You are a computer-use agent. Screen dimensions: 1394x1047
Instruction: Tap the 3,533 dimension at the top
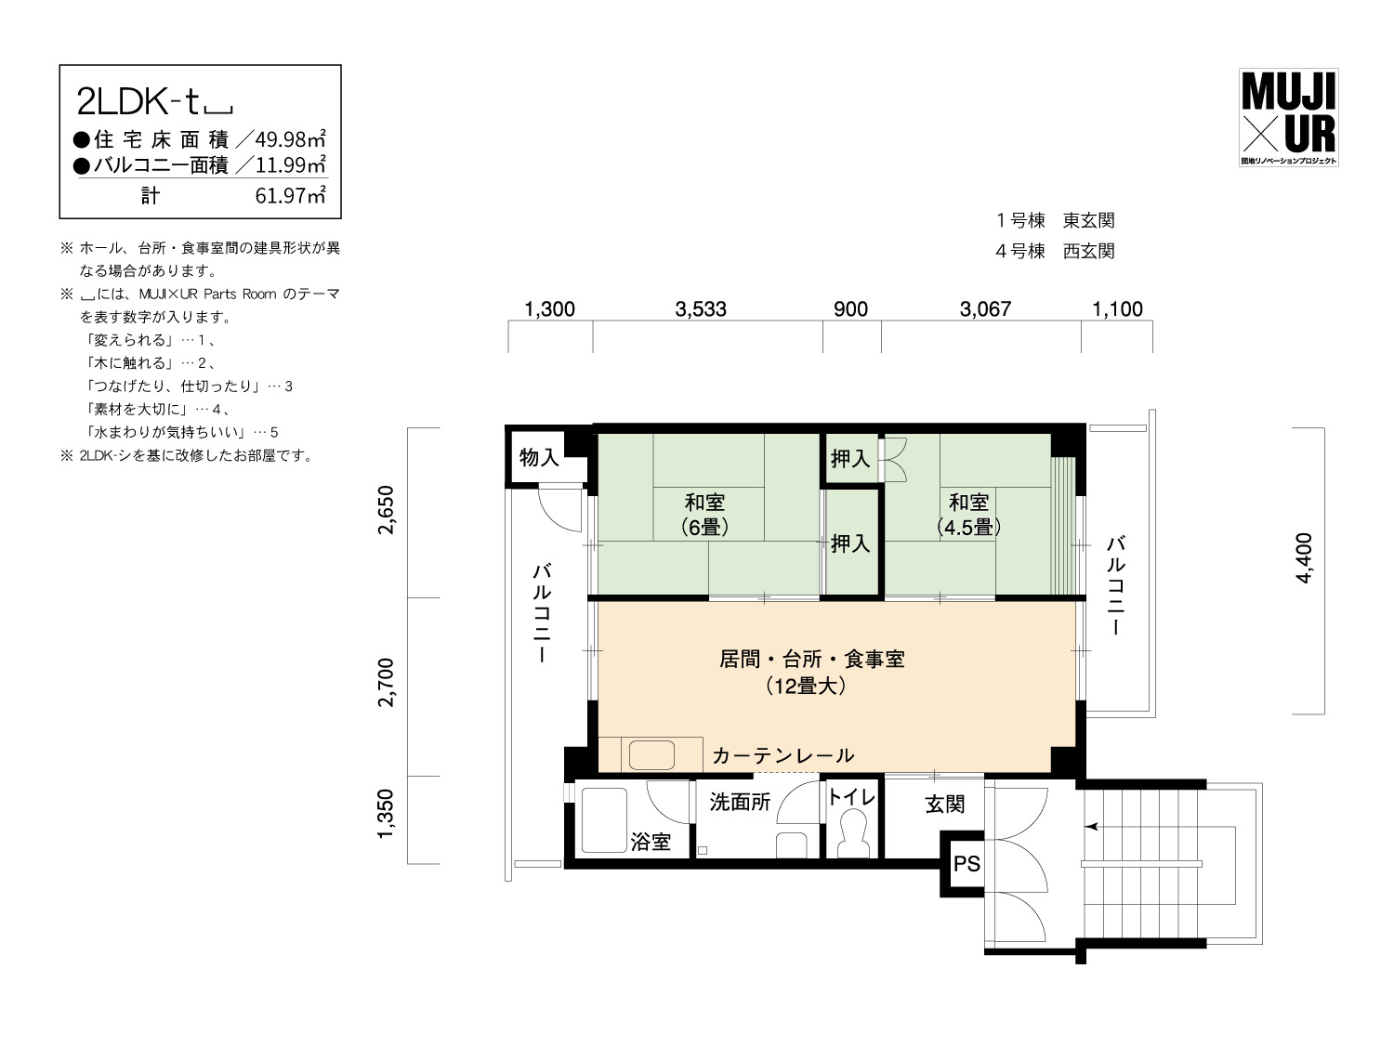click(701, 309)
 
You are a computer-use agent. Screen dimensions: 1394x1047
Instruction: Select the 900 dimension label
click(850, 309)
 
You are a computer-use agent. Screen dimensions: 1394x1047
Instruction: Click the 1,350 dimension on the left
click(386, 813)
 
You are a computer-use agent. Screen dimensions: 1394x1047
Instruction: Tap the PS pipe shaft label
click(967, 863)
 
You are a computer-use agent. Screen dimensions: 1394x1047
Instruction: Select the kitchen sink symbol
click(651, 755)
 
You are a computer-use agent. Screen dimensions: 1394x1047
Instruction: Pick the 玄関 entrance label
click(945, 805)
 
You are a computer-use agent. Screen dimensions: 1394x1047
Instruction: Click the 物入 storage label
click(539, 457)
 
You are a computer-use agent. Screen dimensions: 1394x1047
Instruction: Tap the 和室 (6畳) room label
click(705, 515)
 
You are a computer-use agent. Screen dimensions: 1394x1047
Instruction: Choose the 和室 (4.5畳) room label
click(968, 515)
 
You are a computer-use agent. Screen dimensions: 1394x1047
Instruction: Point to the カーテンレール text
click(783, 755)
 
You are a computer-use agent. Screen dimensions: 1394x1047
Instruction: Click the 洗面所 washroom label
click(740, 802)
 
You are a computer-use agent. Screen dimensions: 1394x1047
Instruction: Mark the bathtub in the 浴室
click(604, 820)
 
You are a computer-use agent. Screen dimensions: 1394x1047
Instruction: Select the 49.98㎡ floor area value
click(291, 138)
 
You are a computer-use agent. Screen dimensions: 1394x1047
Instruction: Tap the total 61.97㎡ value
click(291, 196)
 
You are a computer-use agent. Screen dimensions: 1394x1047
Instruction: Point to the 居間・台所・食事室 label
click(811, 659)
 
